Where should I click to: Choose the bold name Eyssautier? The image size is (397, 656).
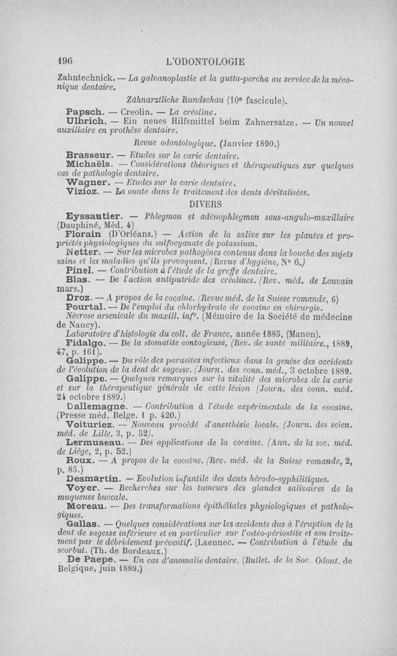[95, 216]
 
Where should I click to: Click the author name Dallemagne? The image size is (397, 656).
[96, 407]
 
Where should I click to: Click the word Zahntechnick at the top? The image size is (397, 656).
[86, 79]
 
